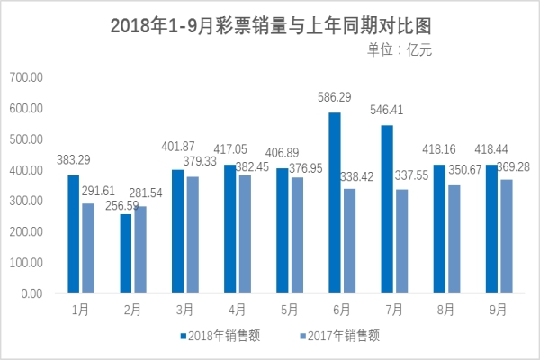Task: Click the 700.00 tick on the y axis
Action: coord(26,78)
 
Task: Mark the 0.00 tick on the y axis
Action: coord(31,293)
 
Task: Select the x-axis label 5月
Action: coord(289,309)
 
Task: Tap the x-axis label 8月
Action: coord(445,309)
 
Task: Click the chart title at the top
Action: coord(270,25)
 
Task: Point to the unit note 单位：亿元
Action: coord(400,50)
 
